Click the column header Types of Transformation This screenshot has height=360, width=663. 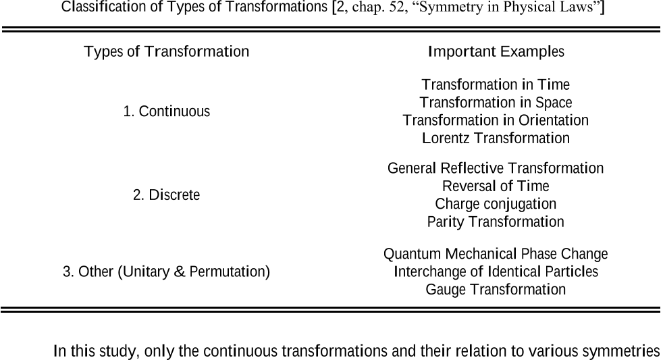[x=167, y=51]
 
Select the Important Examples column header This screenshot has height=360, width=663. [x=496, y=51]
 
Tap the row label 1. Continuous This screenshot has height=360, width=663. [x=167, y=111]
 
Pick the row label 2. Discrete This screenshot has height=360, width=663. [x=167, y=195]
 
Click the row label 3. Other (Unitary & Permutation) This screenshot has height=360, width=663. [x=167, y=272]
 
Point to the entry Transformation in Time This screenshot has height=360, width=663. [x=496, y=84]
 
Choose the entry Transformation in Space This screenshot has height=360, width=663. [x=496, y=103]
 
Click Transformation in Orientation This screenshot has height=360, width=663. [x=496, y=120]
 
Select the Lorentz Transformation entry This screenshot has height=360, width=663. [x=496, y=138]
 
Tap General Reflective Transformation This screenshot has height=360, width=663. [x=496, y=168]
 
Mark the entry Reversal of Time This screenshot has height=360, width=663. [x=496, y=186]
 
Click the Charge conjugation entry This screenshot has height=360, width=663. [x=496, y=204]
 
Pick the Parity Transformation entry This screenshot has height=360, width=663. [x=496, y=222]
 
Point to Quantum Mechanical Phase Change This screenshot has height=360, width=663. [x=496, y=254]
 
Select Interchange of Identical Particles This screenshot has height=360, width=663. [x=496, y=272]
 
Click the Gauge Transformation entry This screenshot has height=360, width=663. [x=496, y=289]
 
